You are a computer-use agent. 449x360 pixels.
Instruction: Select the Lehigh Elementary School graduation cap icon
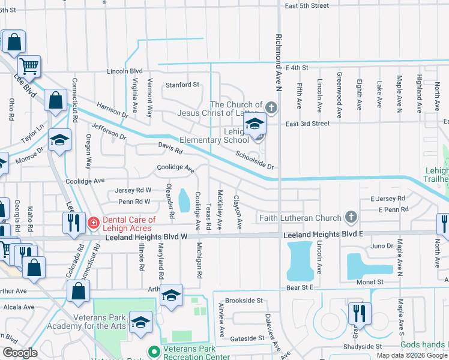coord(255,125)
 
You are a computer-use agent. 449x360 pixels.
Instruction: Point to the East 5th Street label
coord(307,5)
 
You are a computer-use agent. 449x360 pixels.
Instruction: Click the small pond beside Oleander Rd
coord(184,197)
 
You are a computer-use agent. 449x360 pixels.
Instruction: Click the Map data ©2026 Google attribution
coord(412,355)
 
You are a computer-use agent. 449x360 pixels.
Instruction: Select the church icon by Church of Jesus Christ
coord(271,108)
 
